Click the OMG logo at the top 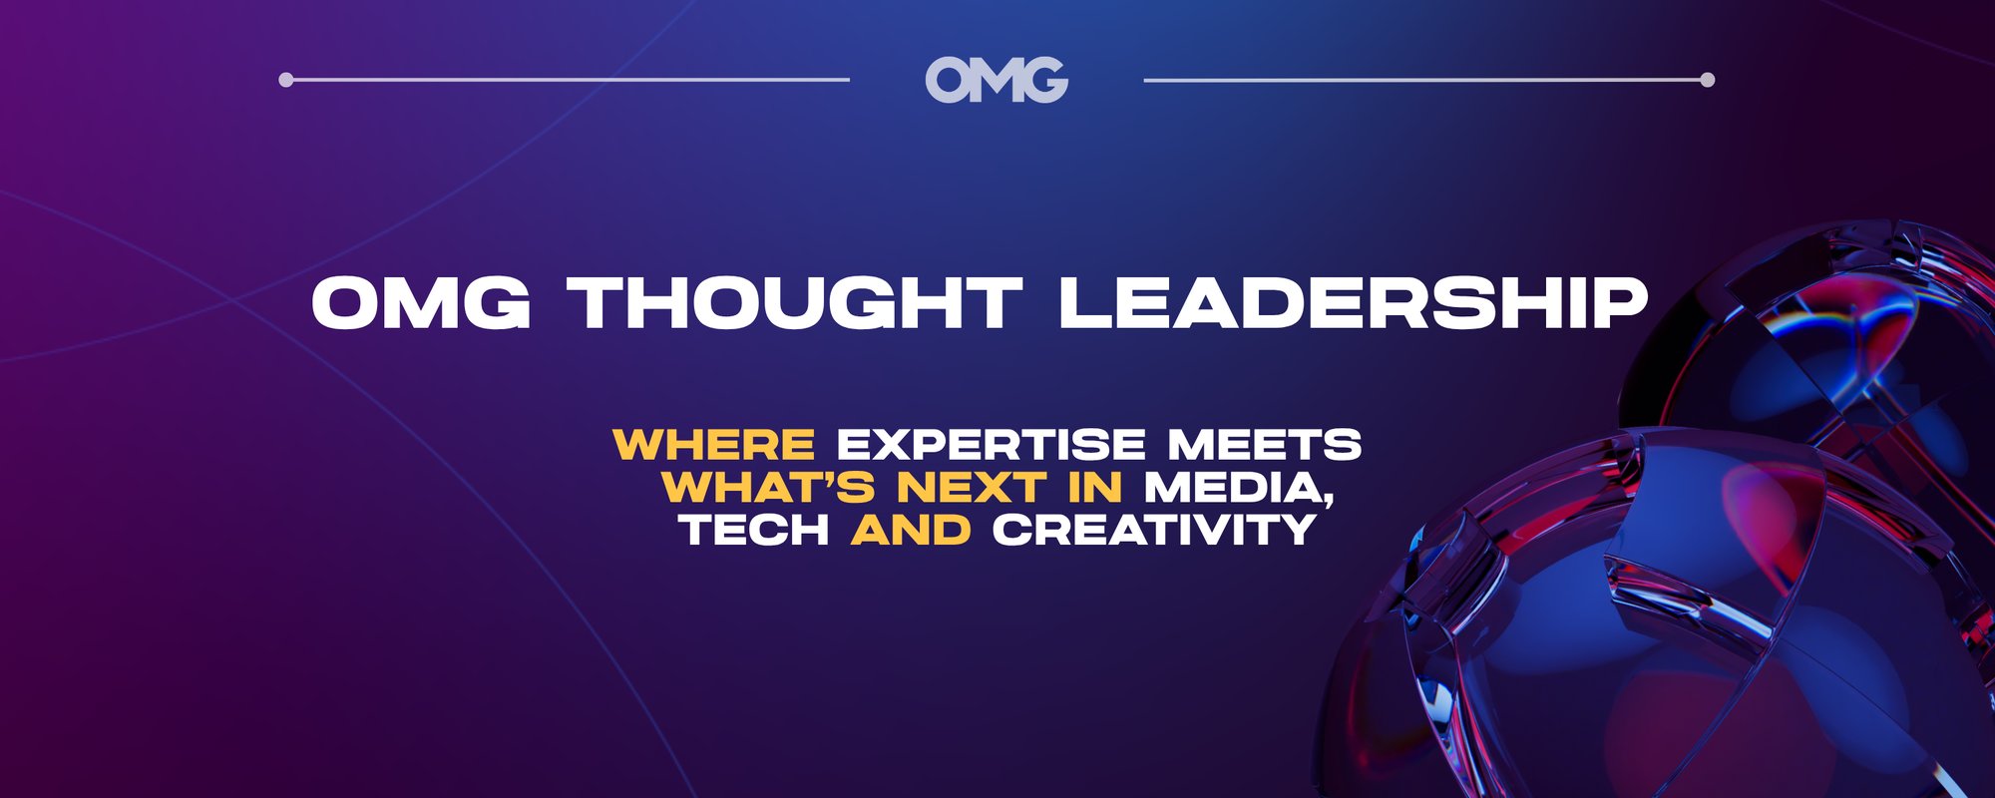[997, 80]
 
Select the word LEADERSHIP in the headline [1353, 302]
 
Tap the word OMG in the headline [421, 302]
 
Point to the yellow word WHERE [714, 445]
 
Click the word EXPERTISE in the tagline [991, 445]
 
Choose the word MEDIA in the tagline [1233, 488]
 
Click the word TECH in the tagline [754, 530]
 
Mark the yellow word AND [911, 530]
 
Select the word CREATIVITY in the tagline [1154, 530]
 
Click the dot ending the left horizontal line [286, 80]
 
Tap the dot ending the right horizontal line [1707, 80]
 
